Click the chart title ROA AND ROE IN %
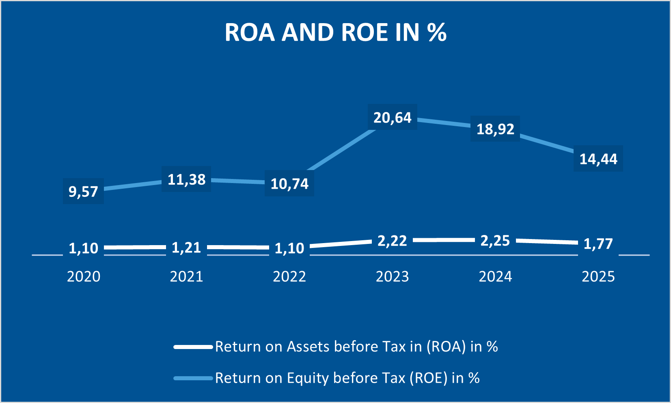click(x=335, y=32)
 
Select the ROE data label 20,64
click(x=392, y=118)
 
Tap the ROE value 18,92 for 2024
click(x=495, y=129)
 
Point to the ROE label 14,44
click(x=598, y=159)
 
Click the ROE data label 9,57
click(x=83, y=191)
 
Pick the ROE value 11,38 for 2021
click(x=186, y=179)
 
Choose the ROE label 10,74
click(x=289, y=184)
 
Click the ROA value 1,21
click(x=186, y=248)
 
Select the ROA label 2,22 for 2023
click(x=392, y=241)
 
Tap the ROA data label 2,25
click(x=495, y=240)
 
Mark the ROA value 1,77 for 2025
click(x=598, y=244)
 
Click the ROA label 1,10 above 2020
click(x=83, y=248)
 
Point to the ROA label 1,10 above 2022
click(x=289, y=248)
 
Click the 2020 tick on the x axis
click(x=83, y=276)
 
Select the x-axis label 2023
click(x=392, y=276)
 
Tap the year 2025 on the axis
click(x=598, y=276)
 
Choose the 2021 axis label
click(x=186, y=276)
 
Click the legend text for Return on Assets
click(x=356, y=347)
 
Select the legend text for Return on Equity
click(x=347, y=378)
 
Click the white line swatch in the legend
click(x=193, y=347)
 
